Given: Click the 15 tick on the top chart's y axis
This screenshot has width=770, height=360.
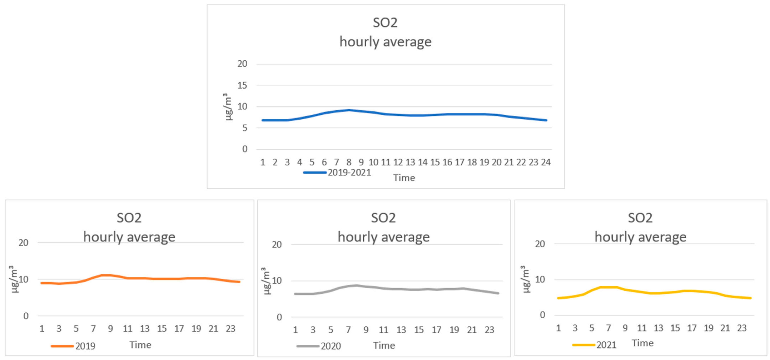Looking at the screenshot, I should point(242,85).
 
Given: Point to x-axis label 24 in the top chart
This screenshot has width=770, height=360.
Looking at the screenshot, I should point(546,162).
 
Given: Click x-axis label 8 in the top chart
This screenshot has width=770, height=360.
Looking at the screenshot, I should point(349,162).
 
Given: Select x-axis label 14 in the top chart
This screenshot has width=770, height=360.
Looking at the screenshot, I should point(423,162).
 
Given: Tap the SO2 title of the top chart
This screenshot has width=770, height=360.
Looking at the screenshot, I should point(385,23).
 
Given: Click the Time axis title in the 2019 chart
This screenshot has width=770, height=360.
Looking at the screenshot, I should point(140,345).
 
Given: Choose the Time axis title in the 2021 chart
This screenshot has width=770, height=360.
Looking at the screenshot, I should point(642,343).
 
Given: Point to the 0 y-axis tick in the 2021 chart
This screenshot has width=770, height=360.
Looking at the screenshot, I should point(542,315).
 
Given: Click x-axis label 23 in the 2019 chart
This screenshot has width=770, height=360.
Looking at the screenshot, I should point(230,329).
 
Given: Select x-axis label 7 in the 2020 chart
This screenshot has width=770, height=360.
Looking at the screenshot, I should point(348,330).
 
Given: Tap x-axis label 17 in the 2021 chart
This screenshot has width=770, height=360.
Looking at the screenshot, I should point(692,328).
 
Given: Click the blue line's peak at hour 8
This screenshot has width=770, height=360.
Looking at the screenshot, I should point(349,110).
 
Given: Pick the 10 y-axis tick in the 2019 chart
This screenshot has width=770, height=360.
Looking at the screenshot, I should point(23,279).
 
